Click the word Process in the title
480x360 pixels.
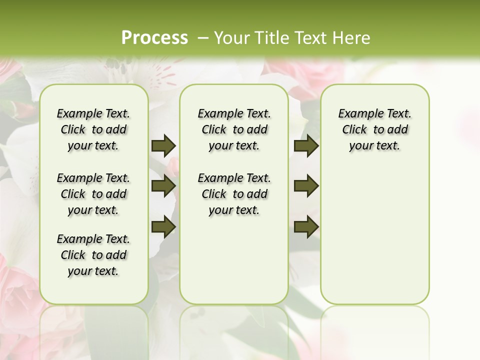click(x=154, y=38)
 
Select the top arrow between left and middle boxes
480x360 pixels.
click(x=163, y=145)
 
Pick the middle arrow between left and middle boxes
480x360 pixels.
click(x=163, y=186)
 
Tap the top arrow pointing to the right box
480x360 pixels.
click(x=306, y=145)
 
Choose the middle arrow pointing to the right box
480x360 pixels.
click(x=306, y=186)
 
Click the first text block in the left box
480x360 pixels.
click(x=93, y=129)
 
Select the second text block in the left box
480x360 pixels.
click(x=93, y=194)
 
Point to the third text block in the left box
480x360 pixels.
click(x=93, y=255)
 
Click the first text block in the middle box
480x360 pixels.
click(x=234, y=129)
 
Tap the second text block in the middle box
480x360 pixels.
click(x=234, y=194)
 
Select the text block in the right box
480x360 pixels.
click(x=374, y=129)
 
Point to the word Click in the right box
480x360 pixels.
click(x=354, y=130)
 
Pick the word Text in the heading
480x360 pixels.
click(x=310, y=38)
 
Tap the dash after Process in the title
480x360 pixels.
click(x=202, y=38)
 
